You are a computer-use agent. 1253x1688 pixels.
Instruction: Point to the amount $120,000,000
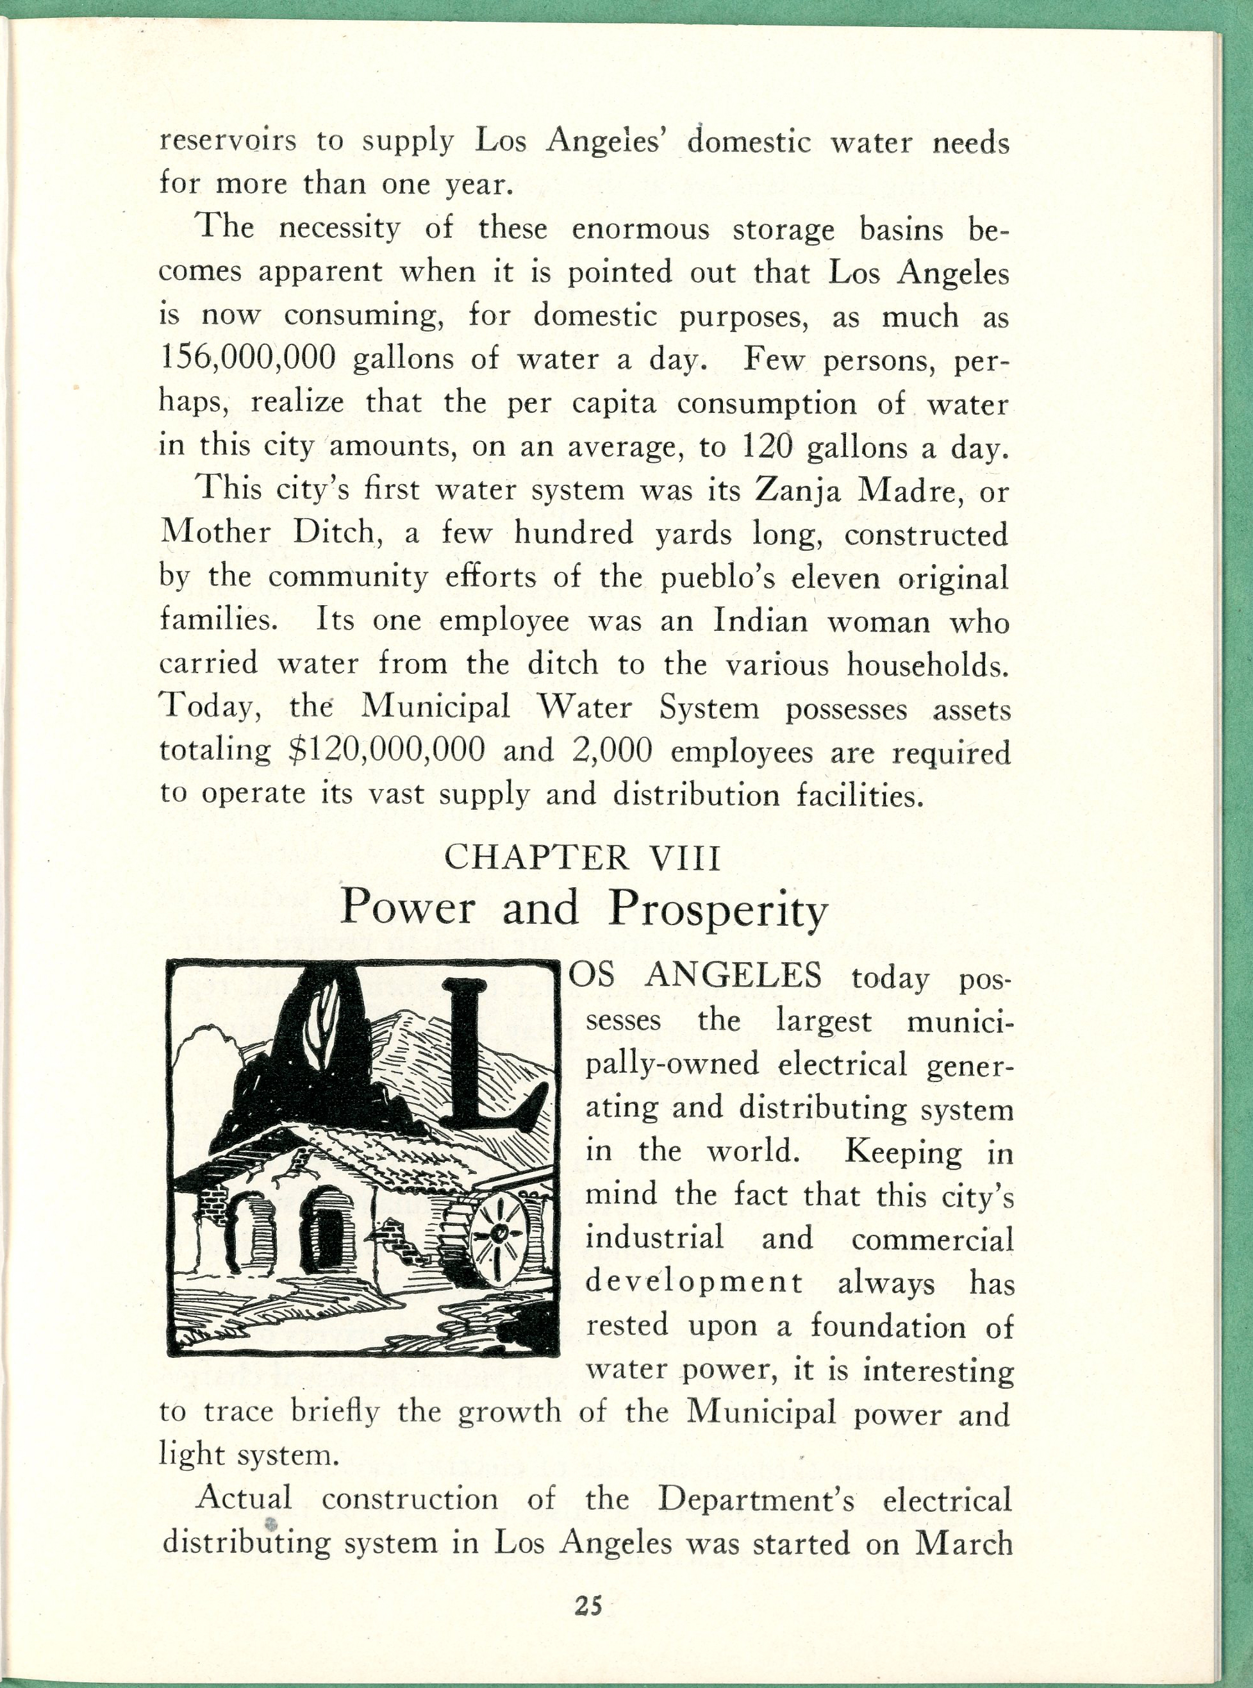point(387,751)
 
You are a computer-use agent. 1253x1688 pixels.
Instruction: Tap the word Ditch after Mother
point(335,534)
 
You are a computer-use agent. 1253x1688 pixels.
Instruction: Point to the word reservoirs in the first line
point(228,142)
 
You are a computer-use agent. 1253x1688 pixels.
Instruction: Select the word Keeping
point(902,1153)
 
